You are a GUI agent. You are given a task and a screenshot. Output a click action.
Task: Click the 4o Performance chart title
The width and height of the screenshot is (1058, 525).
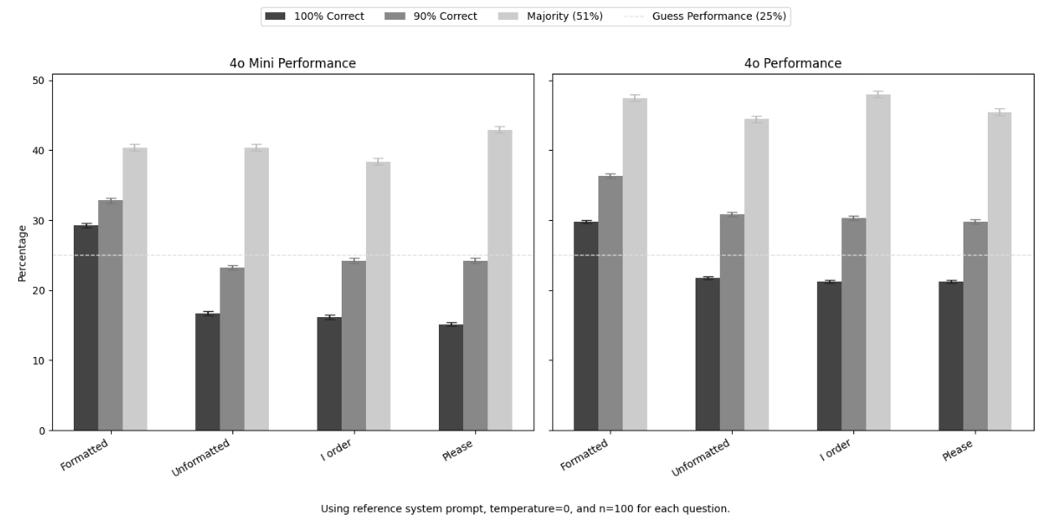[x=792, y=63]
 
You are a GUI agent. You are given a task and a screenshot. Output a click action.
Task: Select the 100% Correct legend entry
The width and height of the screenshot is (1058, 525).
[x=315, y=16]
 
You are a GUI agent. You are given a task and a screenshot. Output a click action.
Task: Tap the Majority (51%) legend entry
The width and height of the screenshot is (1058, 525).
[x=551, y=16]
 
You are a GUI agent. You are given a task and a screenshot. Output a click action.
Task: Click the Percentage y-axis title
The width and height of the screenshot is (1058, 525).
[x=23, y=253]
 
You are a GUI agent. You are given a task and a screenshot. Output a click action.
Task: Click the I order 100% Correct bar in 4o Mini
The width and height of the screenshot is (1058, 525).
[x=329, y=373]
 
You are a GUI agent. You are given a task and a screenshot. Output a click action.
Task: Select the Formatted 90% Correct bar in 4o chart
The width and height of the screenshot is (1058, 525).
[x=610, y=302]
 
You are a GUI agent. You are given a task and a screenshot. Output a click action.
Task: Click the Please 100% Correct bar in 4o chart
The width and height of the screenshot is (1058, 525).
[x=950, y=355]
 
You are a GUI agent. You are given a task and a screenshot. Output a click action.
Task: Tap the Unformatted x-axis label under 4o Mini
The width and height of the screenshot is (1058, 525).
[x=201, y=457]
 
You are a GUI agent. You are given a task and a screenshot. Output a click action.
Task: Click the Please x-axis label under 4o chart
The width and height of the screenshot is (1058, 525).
[x=957, y=450]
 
